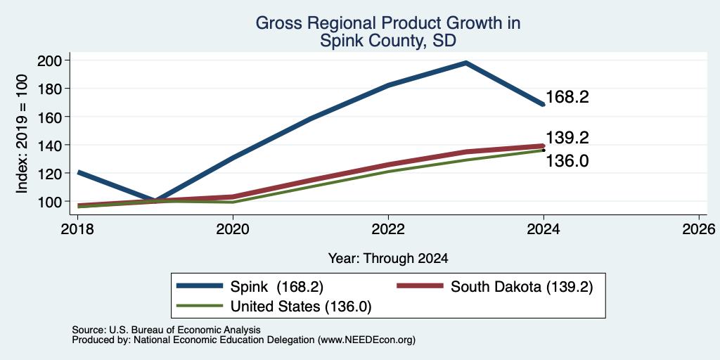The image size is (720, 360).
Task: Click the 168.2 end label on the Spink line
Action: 567,97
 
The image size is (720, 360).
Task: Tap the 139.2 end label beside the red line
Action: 567,137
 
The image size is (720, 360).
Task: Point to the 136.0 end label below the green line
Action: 567,161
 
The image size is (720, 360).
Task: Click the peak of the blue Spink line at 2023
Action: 465,63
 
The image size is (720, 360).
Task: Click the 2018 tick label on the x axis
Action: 77,229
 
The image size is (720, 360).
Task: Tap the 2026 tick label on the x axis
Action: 699,229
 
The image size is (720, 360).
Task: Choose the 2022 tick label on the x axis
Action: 388,229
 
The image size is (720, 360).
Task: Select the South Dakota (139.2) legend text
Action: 522,287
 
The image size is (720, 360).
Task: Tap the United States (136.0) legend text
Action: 300,307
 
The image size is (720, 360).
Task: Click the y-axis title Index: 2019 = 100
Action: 22,134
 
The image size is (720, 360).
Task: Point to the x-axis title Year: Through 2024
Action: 388,259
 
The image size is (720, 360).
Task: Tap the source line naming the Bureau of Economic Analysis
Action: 166,330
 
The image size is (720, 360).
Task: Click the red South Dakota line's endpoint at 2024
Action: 544,146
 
